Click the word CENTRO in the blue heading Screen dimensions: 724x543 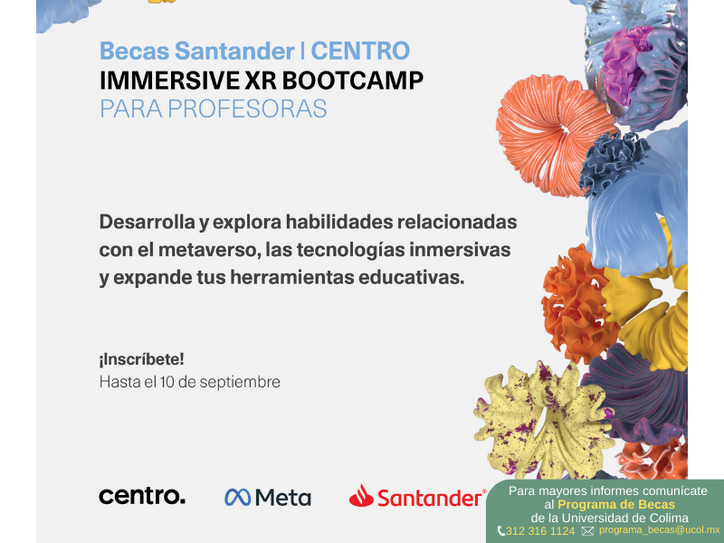click(360, 51)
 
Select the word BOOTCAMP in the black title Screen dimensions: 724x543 click(352, 81)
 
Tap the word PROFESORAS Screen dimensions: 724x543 click(247, 109)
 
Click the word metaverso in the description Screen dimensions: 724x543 click(207, 250)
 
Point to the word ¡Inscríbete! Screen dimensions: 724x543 click(141, 359)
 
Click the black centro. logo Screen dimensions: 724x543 click(142, 496)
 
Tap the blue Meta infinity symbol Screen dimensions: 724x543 click(238, 497)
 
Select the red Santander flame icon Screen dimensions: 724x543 click(361, 495)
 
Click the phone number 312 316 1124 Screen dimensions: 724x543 click(539, 531)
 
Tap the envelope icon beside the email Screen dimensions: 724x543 click(587, 531)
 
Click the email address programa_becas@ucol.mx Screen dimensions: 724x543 click(660, 530)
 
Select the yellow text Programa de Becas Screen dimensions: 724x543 click(616, 505)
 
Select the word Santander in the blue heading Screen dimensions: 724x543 click(234, 51)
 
